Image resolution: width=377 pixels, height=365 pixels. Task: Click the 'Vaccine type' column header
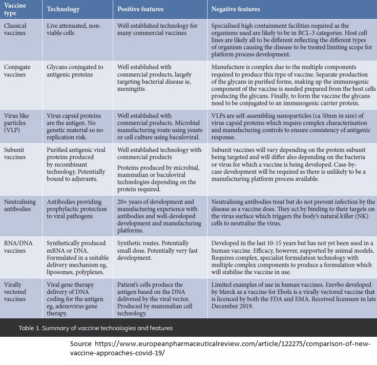pos(15,9)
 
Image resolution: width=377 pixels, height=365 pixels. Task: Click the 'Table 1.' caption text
pos(30,328)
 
